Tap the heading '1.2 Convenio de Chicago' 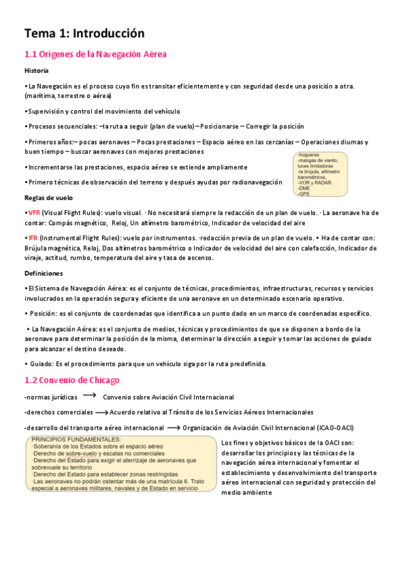[x=72, y=380]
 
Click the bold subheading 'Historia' [x=36, y=70]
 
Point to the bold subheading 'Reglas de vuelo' [x=48, y=198]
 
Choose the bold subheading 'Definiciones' [x=43, y=274]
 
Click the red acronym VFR [x=34, y=212]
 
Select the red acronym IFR [x=32, y=238]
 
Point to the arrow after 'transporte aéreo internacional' [x=173, y=427]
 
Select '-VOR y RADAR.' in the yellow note [x=314, y=182]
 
